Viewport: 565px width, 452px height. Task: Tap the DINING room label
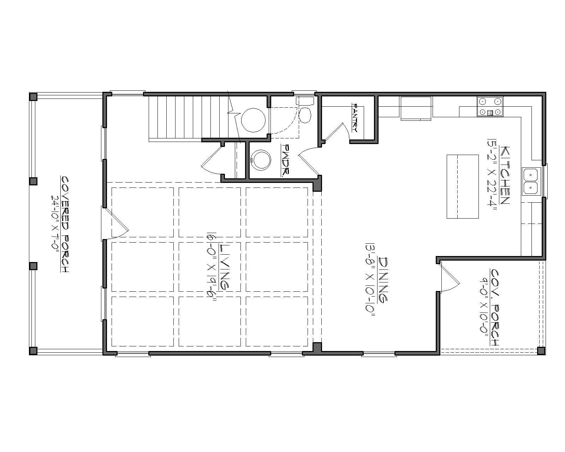pyautogui.click(x=383, y=279)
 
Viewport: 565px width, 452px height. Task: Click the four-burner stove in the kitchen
pyautogui.click(x=490, y=107)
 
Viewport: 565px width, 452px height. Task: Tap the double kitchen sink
pyautogui.click(x=530, y=182)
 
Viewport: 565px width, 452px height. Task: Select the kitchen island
pyautogui.click(x=463, y=186)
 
